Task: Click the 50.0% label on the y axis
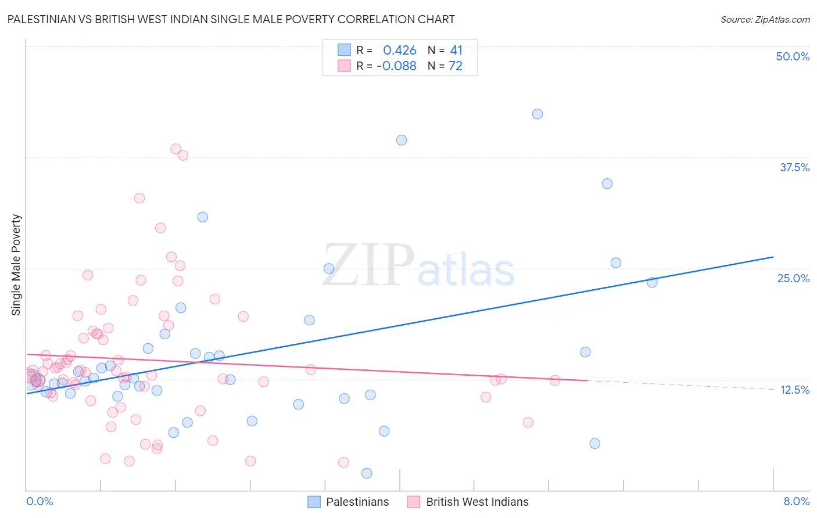click(793, 56)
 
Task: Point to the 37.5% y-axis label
click(794, 167)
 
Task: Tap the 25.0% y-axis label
click(793, 278)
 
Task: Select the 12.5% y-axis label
click(794, 390)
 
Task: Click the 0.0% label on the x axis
click(40, 501)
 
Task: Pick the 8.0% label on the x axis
click(796, 501)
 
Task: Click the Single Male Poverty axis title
click(16, 265)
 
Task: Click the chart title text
click(231, 19)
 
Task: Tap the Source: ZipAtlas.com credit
click(765, 19)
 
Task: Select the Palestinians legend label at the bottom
click(357, 502)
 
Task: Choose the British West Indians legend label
click(477, 502)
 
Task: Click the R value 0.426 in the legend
click(400, 51)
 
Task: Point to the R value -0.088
click(396, 66)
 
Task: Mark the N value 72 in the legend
click(456, 66)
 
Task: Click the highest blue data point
click(537, 114)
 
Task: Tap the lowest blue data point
click(367, 473)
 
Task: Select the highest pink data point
click(175, 149)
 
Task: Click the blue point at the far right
click(652, 282)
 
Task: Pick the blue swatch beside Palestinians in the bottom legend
click(314, 502)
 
